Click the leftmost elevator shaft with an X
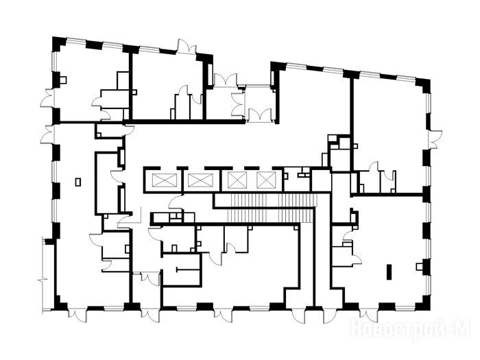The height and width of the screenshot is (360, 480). pyautogui.click(x=165, y=180)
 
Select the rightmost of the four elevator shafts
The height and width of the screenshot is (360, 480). pyautogui.click(x=266, y=180)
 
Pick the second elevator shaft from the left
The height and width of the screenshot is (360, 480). pyautogui.click(x=200, y=180)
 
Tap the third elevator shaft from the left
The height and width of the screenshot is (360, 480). pyautogui.click(x=237, y=180)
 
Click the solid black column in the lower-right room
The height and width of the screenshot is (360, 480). pyautogui.click(x=389, y=272)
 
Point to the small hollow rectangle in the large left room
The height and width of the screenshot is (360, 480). pyautogui.click(x=78, y=182)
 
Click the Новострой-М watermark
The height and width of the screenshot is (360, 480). pyautogui.click(x=411, y=329)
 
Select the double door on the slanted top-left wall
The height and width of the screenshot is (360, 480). pyautogui.click(x=187, y=47)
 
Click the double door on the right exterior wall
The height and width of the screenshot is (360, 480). pyautogui.click(x=435, y=139)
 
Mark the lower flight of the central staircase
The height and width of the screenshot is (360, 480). pyautogui.click(x=271, y=216)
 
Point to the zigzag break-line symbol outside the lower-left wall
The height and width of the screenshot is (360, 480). pyautogui.click(x=42, y=280)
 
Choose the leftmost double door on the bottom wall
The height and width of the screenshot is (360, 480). pyautogui.click(x=77, y=315)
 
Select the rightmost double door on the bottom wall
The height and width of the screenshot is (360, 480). pyautogui.click(x=369, y=315)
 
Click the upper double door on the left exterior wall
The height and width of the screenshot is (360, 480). pyautogui.click(x=48, y=98)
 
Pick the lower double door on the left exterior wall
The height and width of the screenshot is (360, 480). pyautogui.click(x=48, y=134)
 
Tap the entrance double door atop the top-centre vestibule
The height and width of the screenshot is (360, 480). pyautogui.click(x=226, y=80)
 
